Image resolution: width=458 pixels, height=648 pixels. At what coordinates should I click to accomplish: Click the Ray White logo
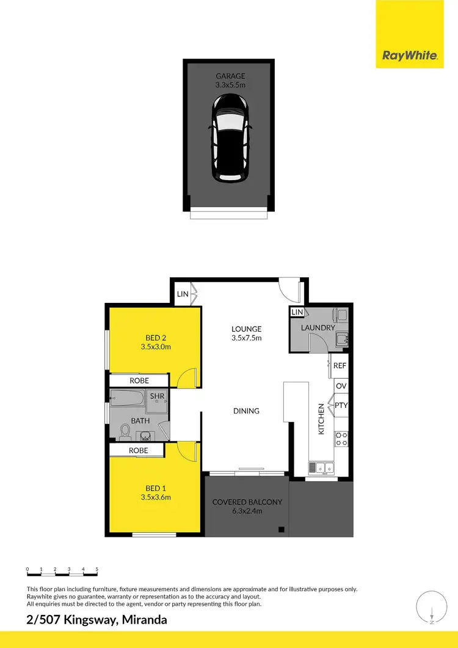[410, 56]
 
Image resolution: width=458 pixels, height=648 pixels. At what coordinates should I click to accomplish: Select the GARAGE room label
[230, 76]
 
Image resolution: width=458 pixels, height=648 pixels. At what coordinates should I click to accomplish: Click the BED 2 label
[154, 338]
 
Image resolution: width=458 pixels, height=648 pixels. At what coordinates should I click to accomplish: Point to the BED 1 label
[154, 488]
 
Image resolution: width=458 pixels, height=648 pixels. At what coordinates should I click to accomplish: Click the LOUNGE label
[246, 329]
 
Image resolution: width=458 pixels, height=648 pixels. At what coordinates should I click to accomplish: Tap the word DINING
[246, 411]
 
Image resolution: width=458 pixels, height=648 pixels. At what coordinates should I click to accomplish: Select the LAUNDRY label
[318, 328]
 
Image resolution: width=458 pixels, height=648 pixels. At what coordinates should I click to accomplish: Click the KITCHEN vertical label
[321, 419]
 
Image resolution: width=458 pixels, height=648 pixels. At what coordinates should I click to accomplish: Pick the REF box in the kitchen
[340, 366]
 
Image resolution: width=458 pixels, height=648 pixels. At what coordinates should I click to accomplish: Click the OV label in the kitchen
[340, 386]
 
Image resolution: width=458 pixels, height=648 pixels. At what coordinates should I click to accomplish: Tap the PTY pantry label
[341, 405]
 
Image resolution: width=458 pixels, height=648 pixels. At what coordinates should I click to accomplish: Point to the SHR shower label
[158, 397]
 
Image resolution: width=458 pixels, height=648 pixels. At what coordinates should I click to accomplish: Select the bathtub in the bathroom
[127, 401]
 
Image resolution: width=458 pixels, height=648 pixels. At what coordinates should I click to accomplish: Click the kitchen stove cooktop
[341, 438]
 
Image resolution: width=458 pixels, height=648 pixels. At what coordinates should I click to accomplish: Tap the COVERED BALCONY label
[247, 502]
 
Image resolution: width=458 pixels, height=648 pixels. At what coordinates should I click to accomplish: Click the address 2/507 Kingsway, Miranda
[96, 620]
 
